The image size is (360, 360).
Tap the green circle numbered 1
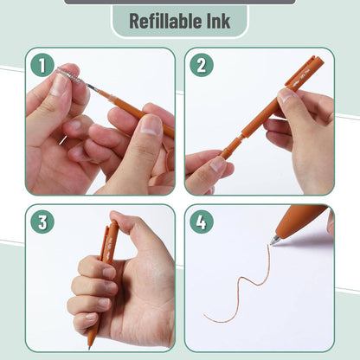[42, 65]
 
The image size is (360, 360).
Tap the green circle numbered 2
[201, 65]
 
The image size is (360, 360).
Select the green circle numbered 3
[42, 222]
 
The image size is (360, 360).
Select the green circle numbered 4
[201, 222]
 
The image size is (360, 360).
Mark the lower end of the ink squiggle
[206, 321]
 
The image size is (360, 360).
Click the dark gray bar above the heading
[179, 2]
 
